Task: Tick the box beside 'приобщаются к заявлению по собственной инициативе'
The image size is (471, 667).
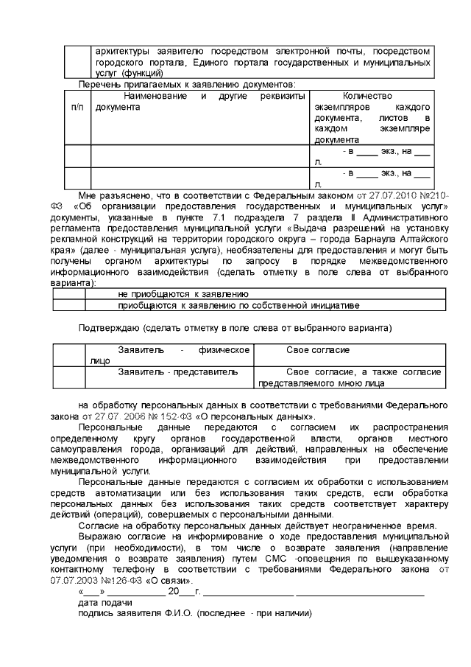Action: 69,304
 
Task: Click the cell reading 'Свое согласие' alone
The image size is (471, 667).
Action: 317,350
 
